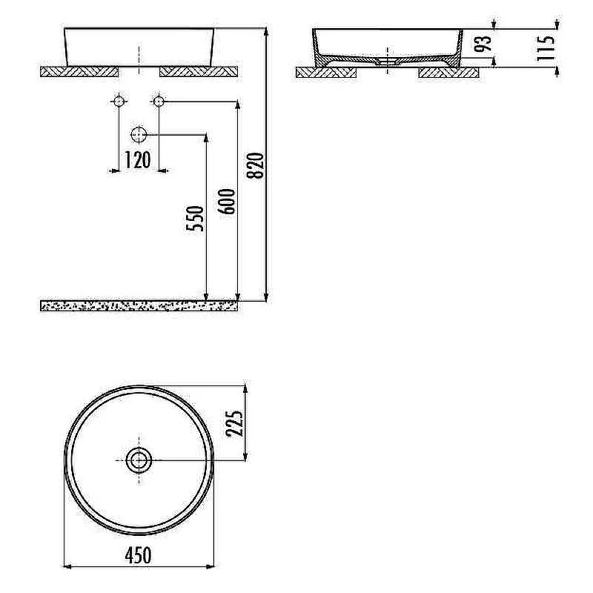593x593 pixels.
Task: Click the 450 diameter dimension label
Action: coord(138,555)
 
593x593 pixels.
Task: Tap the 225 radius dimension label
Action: coord(234,423)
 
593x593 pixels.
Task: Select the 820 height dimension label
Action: coord(254,165)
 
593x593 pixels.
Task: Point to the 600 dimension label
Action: coord(227,202)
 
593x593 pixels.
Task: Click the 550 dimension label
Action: coord(195,218)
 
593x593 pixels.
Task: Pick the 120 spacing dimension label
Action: coord(138,160)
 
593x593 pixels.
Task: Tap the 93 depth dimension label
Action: coord(483,43)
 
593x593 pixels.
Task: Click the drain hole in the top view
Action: coord(139,460)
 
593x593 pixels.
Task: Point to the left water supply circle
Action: coord(119,101)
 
